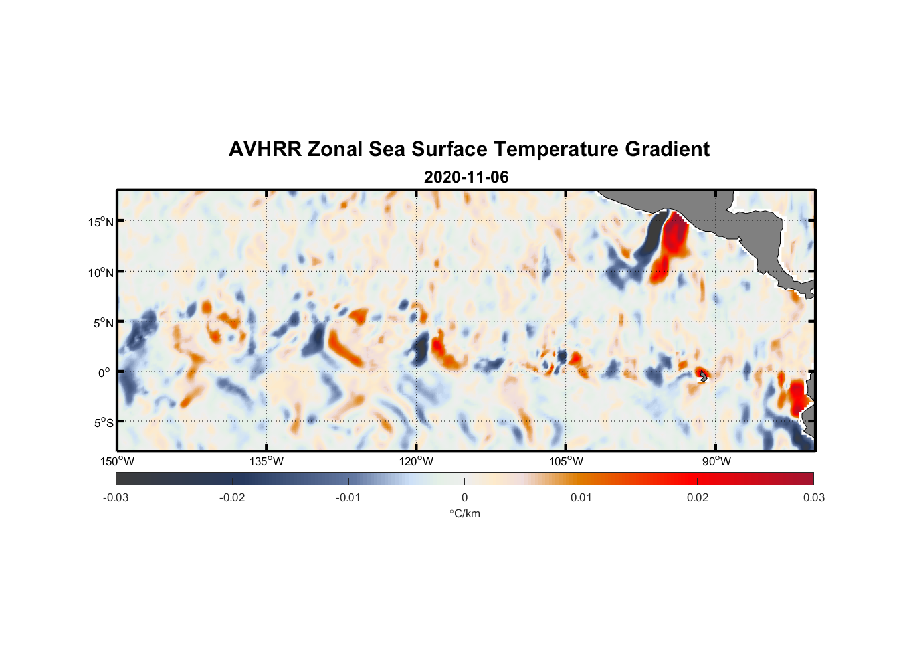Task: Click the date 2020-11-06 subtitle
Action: (466, 177)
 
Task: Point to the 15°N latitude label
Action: (100, 222)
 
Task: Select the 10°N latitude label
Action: (100, 272)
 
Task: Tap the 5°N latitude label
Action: (103, 323)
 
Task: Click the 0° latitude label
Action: (104, 373)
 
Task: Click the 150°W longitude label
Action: (117, 461)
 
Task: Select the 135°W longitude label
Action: (266, 461)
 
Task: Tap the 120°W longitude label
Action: (417, 461)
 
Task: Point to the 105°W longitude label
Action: (566, 461)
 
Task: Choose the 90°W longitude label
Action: (716, 461)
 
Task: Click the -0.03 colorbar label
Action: (116, 497)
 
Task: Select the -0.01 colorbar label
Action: (348, 497)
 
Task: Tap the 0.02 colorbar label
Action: (698, 497)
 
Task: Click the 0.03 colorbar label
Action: (813, 497)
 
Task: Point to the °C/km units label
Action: (464, 513)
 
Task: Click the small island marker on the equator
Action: (703, 376)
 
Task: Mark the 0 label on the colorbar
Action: (464, 497)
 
